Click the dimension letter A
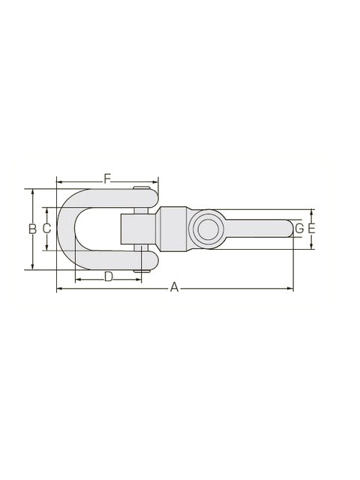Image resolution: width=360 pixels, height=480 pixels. [x=174, y=287]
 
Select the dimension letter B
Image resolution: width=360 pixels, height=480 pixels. [x=32, y=229]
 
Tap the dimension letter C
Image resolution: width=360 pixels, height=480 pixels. [x=46, y=229]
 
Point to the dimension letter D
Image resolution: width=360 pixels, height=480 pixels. [x=109, y=277]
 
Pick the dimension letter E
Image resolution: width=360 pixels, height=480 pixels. [x=311, y=229]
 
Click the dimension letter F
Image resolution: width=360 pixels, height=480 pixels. [x=106, y=178]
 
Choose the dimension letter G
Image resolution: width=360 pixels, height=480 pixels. [x=299, y=229]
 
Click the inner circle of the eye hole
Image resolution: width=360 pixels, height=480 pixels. [x=209, y=229]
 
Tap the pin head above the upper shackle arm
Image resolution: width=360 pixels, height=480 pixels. [x=142, y=187]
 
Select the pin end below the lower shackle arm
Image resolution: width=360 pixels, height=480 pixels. [x=142, y=271]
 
